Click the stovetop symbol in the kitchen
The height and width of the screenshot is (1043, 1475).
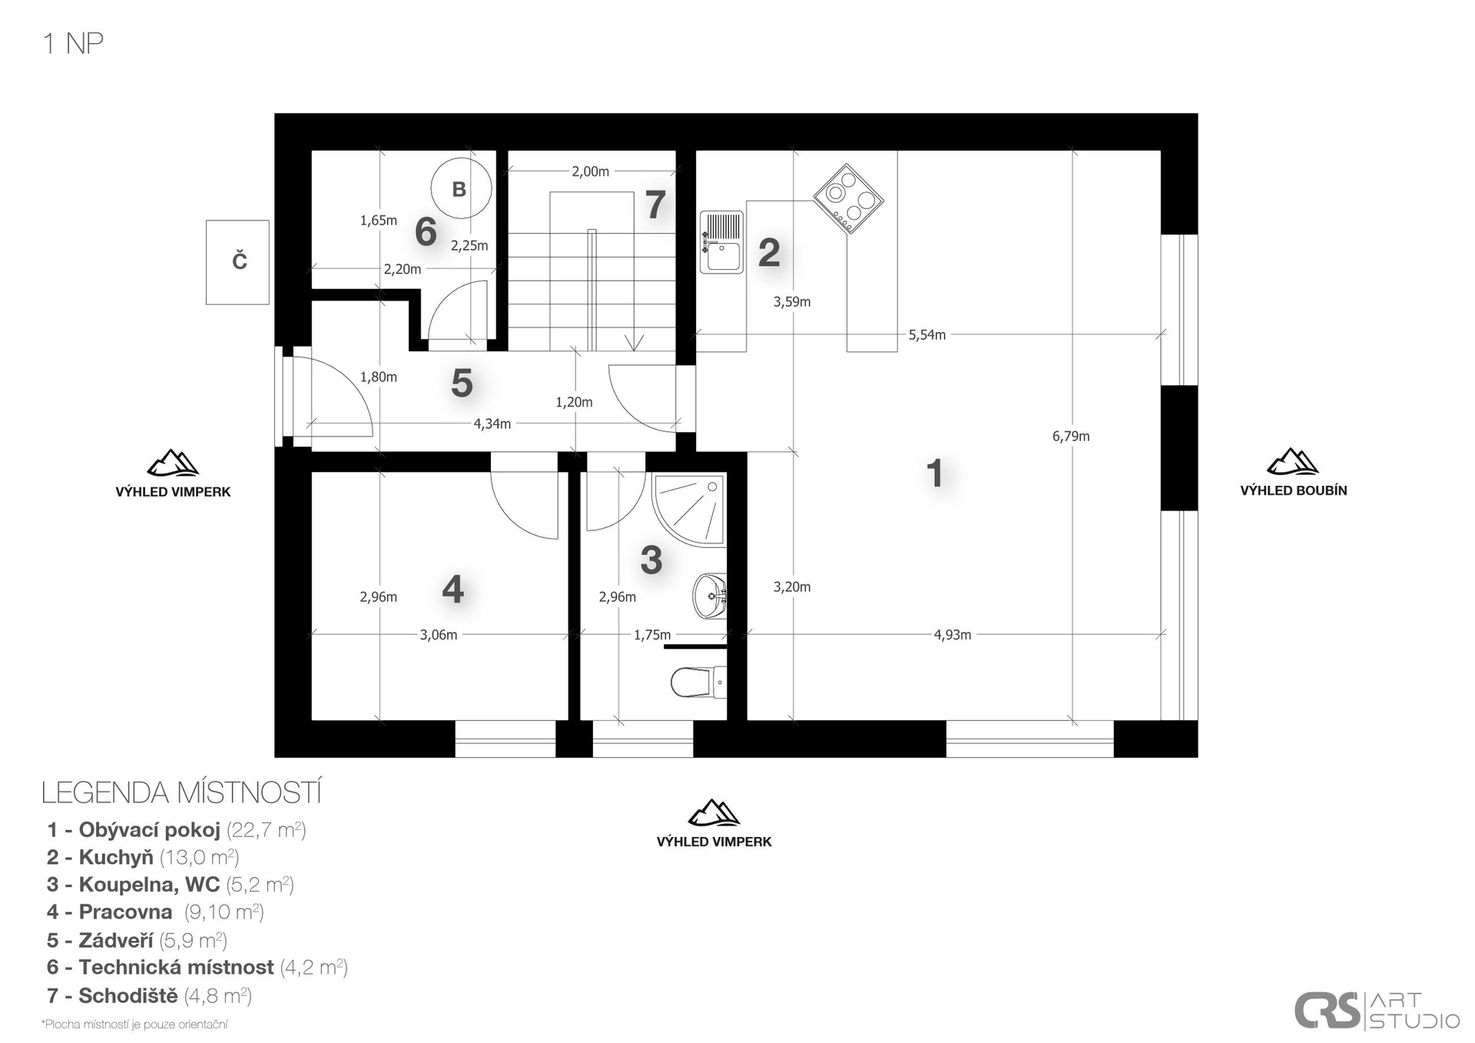[848, 198]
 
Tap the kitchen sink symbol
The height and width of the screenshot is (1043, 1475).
[721, 242]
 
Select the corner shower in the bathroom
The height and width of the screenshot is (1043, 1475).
[688, 510]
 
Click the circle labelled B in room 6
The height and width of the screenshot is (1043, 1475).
[459, 189]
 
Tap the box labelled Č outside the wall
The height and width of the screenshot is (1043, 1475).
[237, 262]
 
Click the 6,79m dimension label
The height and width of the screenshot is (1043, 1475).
[1071, 437]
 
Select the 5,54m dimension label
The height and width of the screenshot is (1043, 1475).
[927, 335]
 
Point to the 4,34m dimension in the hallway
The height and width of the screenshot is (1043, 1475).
[492, 424]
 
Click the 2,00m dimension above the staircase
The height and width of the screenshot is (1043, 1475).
[590, 171]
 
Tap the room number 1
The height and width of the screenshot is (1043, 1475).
[934, 473]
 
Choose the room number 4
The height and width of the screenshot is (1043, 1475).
[452, 590]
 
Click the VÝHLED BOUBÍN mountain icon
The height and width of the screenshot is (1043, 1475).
[1293, 461]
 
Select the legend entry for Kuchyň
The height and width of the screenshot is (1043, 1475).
[143, 857]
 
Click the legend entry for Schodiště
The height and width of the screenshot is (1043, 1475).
[149, 995]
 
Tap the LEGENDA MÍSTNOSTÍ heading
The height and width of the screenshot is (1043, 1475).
[181, 792]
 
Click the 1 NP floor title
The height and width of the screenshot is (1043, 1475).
[74, 44]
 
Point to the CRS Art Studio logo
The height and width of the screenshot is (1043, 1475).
[1377, 1010]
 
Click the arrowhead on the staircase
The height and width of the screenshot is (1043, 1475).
[634, 343]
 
